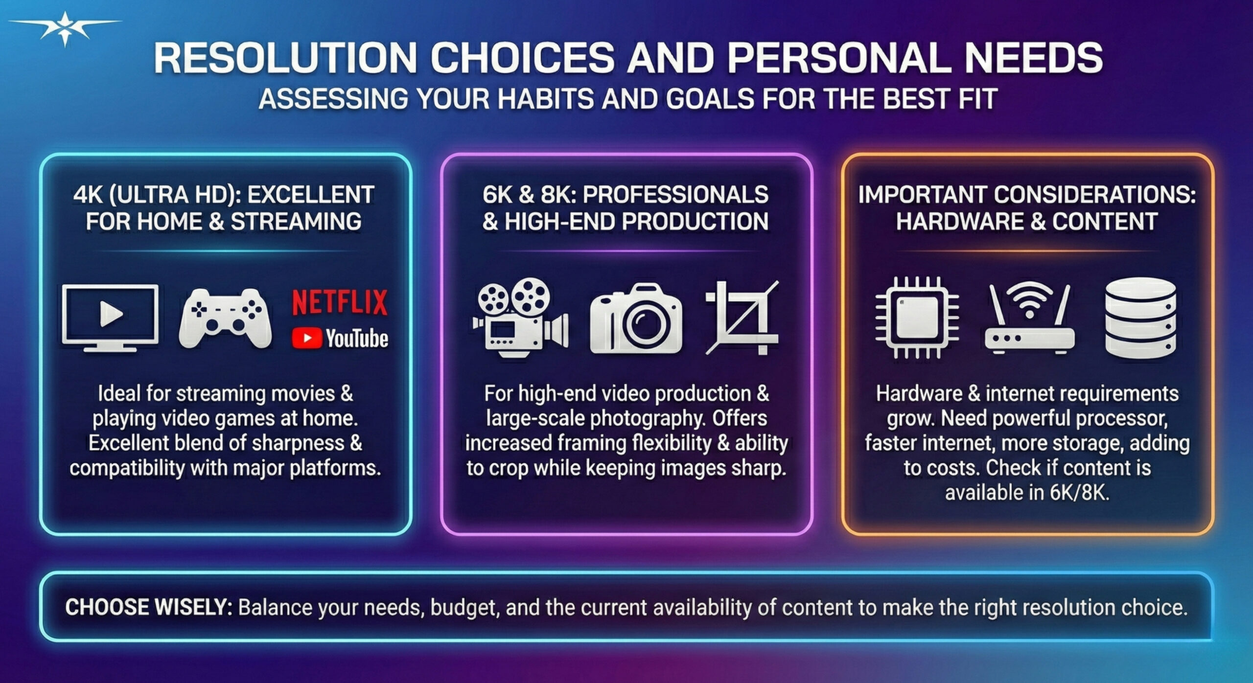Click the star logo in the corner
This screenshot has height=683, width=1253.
pos(65,28)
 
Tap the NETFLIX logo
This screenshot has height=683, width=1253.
pos(340,302)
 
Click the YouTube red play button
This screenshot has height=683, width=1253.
pos(307,338)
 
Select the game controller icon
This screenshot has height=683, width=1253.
pos(225,318)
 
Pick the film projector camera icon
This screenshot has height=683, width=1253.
pos(520,318)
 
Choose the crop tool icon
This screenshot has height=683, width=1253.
pos(742,318)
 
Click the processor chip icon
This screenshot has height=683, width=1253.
pos(917,318)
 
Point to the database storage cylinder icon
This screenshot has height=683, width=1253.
pos(1140,318)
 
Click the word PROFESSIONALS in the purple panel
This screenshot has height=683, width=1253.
pos(675,195)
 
